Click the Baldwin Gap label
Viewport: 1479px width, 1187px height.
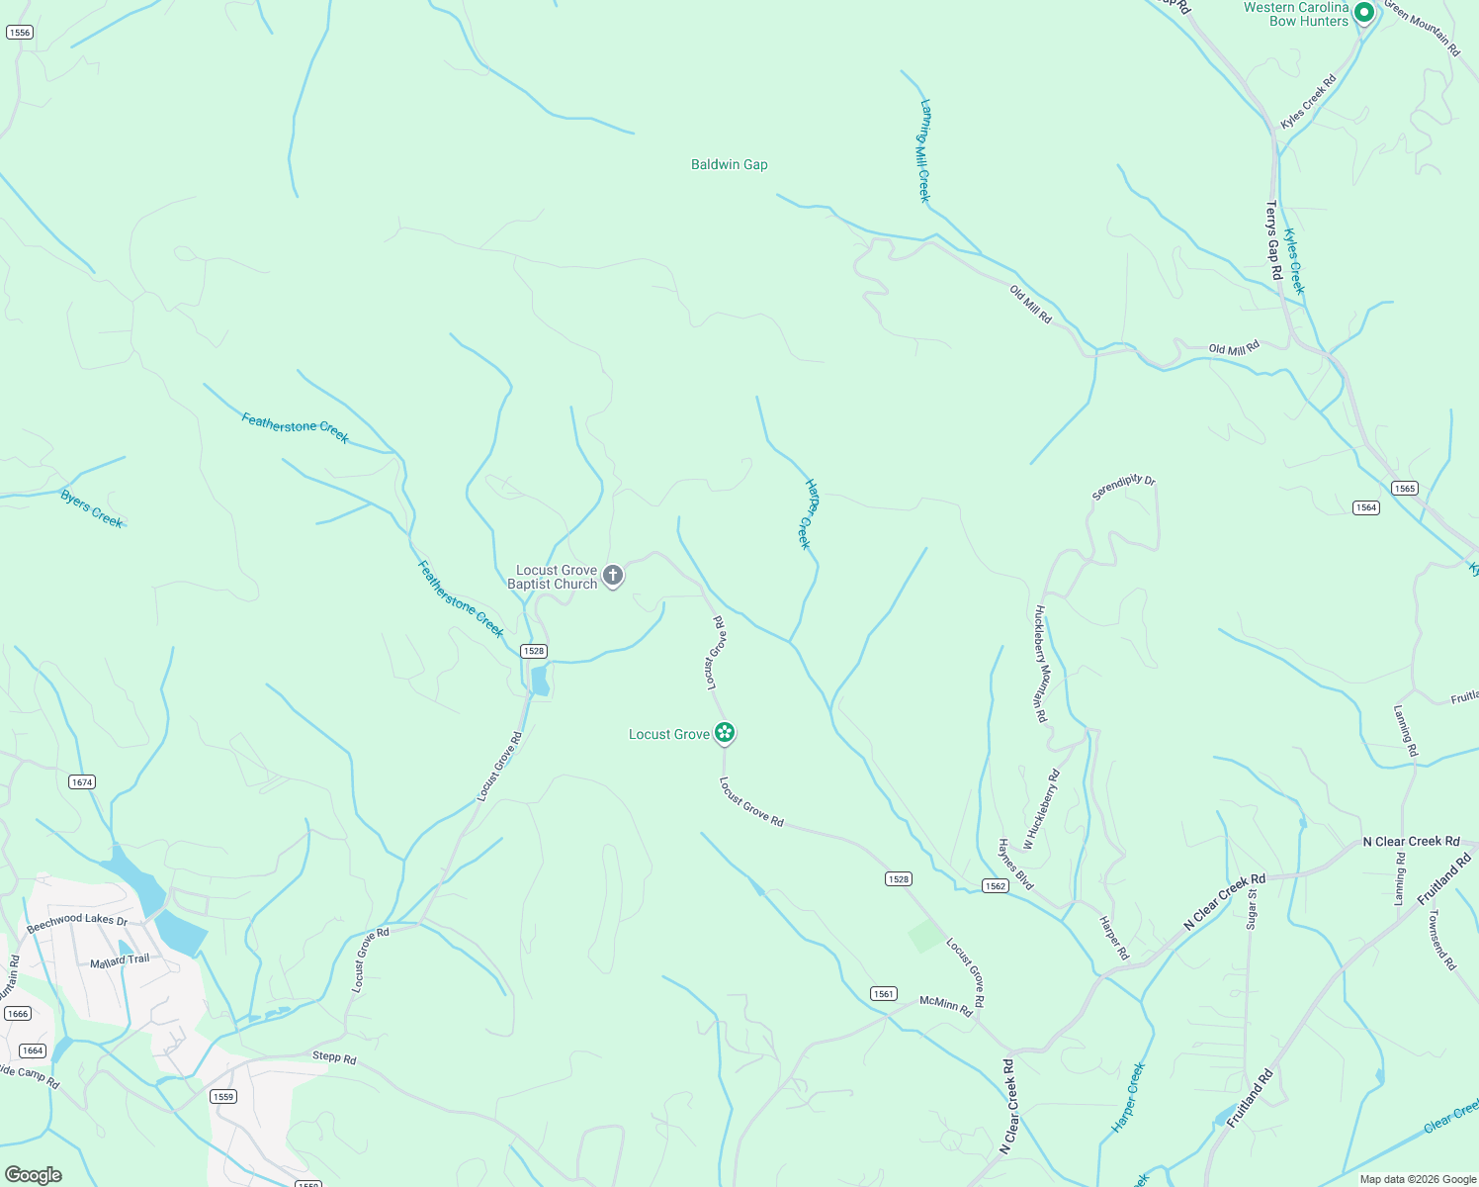pyautogui.click(x=729, y=164)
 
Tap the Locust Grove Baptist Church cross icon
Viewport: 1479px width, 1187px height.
pyautogui.click(x=613, y=575)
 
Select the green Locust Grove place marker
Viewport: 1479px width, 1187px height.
pyautogui.click(x=725, y=733)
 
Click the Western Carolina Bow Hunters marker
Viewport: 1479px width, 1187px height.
pyautogui.click(x=1364, y=13)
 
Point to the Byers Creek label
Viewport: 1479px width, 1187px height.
pyautogui.click(x=92, y=508)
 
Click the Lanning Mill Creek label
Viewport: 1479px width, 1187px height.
pyautogui.click(x=925, y=150)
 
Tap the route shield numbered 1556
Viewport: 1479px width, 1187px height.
pyautogui.click(x=19, y=33)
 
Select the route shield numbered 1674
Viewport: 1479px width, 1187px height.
pyautogui.click(x=82, y=782)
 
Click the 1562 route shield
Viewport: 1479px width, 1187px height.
pyautogui.click(x=996, y=885)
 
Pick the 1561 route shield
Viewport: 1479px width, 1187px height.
pyautogui.click(x=884, y=994)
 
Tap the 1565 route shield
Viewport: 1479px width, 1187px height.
pyautogui.click(x=1405, y=488)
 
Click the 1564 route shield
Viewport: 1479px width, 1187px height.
pyautogui.click(x=1366, y=507)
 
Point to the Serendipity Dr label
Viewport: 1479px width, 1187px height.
pyautogui.click(x=1123, y=487)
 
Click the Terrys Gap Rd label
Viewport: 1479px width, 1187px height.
pyautogui.click(x=1273, y=239)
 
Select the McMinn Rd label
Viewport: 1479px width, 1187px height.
pyautogui.click(x=946, y=1005)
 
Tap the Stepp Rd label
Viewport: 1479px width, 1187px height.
pyautogui.click(x=334, y=1057)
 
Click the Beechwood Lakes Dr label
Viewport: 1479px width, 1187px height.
pyautogui.click(x=77, y=924)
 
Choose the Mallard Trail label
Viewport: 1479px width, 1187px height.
pyautogui.click(x=120, y=960)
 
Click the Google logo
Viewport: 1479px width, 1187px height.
pyautogui.click(x=34, y=1175)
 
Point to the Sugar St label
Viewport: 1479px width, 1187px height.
pyautogui.click(x=1252, y=908)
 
